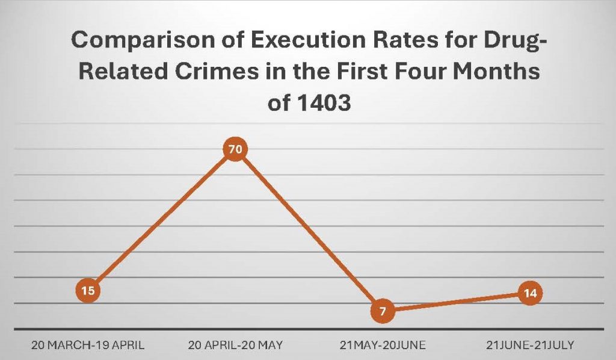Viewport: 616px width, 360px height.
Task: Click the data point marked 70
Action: [235, 149]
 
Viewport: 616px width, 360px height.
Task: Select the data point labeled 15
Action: [88, 291]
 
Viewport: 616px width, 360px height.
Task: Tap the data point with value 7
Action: [383, 311]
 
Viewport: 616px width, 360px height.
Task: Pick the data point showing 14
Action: [530, 293]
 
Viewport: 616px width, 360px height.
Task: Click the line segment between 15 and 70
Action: [161, 220]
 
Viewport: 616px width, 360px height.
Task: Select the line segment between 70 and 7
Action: [309, 230]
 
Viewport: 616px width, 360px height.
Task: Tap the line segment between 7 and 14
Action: [456, 302]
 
